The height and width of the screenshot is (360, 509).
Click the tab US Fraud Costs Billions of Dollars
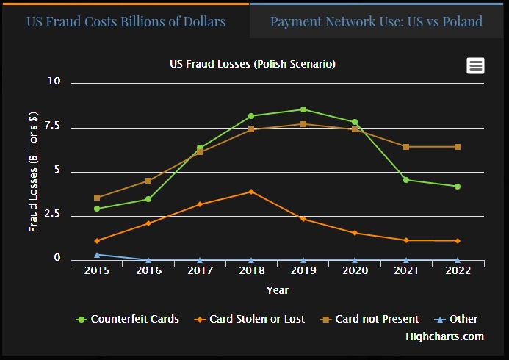(x=126, y=21)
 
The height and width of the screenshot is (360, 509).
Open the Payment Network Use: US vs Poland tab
(x=376, y=21)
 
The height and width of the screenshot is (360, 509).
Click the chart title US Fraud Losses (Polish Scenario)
(x=253, y=65)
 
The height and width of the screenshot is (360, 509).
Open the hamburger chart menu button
(x=475, y=66)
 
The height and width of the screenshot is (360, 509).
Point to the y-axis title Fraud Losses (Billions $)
(x=33, y=171)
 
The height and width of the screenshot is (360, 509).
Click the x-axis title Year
(x=277, y=290)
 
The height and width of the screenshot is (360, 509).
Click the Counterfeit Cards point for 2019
(x=303, y=109)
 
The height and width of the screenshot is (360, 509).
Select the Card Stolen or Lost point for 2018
(x=251, y=192)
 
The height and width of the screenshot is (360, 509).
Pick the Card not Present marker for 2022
(x=457, y=147)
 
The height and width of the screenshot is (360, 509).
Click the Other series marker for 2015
(x=97, y=255)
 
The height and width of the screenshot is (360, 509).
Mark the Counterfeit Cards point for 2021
(x=405, y=180)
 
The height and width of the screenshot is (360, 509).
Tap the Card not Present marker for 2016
(x=148, y=181)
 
